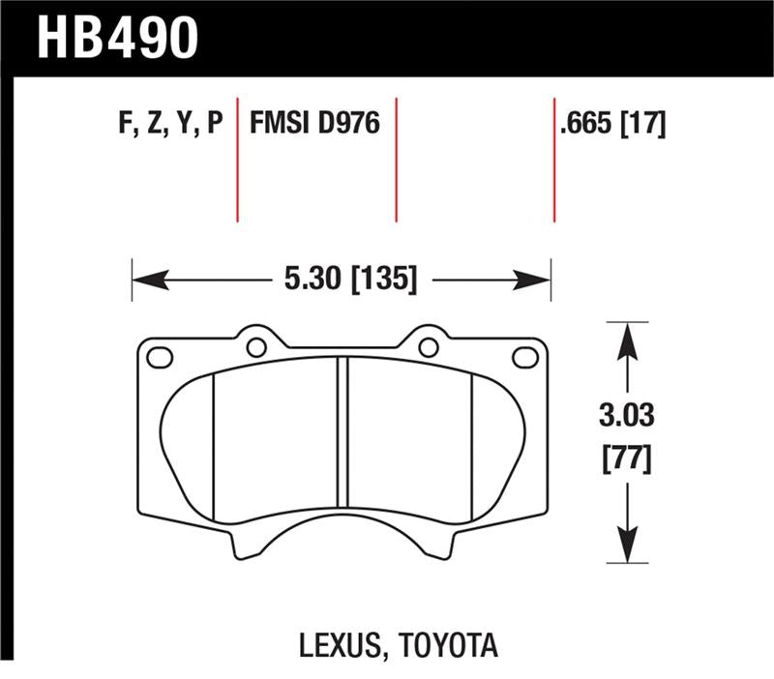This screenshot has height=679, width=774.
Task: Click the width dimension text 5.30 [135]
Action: click(x=351, y=280)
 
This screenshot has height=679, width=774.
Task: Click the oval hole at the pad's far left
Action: click(x=159, y=357)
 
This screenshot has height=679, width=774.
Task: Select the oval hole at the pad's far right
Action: click(x=524, y=357)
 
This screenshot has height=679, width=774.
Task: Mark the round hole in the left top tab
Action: click(x=256, y=346)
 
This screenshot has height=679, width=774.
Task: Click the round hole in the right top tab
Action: click(x=428, y=346)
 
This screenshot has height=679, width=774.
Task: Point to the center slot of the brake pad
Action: click(x=342, y=430)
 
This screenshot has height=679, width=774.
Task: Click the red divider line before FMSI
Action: click(x=237, y=160)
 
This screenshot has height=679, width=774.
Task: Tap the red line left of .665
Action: click(x=553, y=160)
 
